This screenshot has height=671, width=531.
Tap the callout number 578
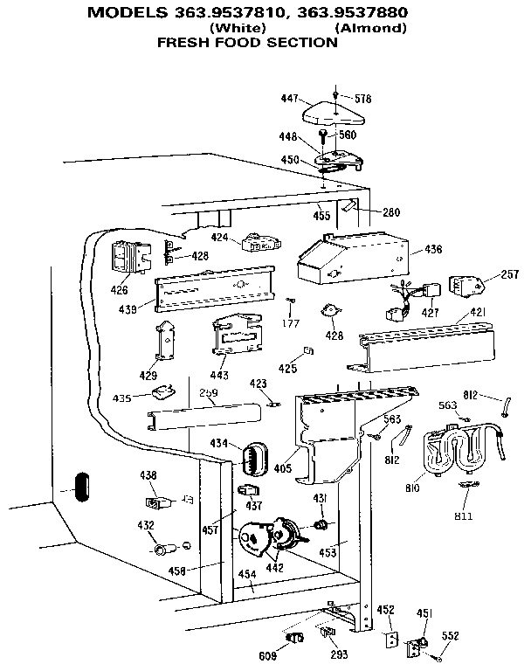[x=361, y=98]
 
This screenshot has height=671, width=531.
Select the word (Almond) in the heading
[x=372, y=28]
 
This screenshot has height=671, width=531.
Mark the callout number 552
[x=451, y=637]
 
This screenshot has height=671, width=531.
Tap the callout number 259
[x=208, y=393]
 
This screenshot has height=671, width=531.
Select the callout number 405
[x=282, y=468]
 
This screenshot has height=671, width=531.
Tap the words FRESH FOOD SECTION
[x=247, y=42]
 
